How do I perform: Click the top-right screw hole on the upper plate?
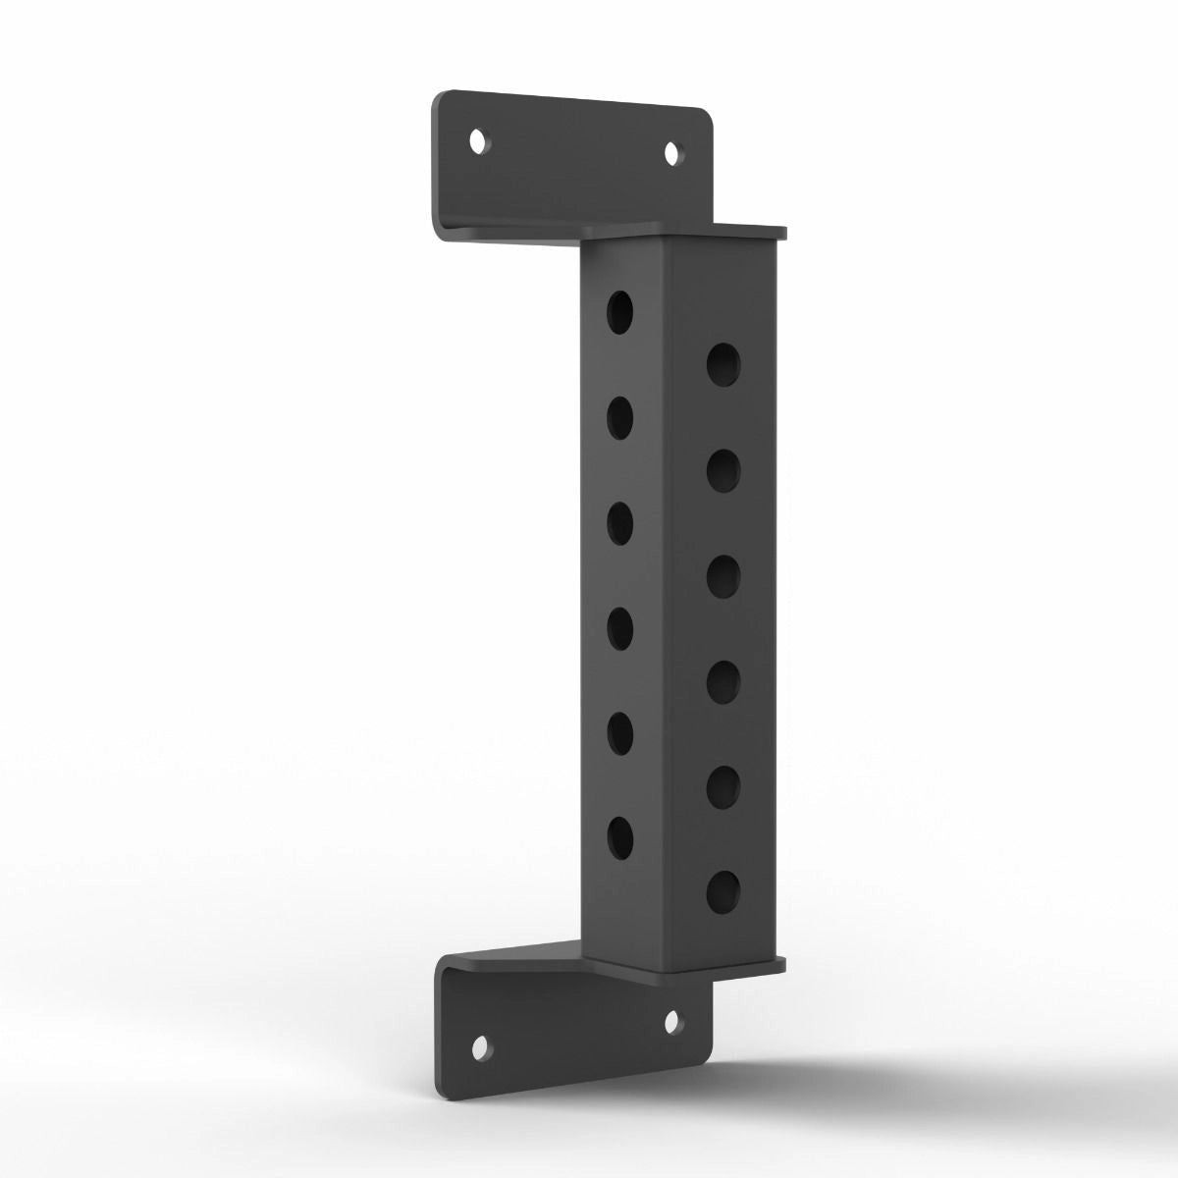click(x=673, y=154)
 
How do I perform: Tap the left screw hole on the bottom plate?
click(x=480, y=1049)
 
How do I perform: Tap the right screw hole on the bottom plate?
click(x=672, y=1023)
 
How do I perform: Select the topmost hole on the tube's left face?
click(x=619, y=312)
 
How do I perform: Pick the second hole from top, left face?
click(x=619, y=418)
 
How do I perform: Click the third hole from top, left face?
click(x=619, y=523)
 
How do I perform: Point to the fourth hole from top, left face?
click(x=619, y=628)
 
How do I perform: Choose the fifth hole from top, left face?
click(x=619, y=732)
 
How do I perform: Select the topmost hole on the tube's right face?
click(x=723, y=364)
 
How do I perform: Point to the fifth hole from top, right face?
click(x=723, y=784)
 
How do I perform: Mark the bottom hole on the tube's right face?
click(x=723, y=889)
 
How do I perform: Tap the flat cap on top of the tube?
click(x=687, y=232)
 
